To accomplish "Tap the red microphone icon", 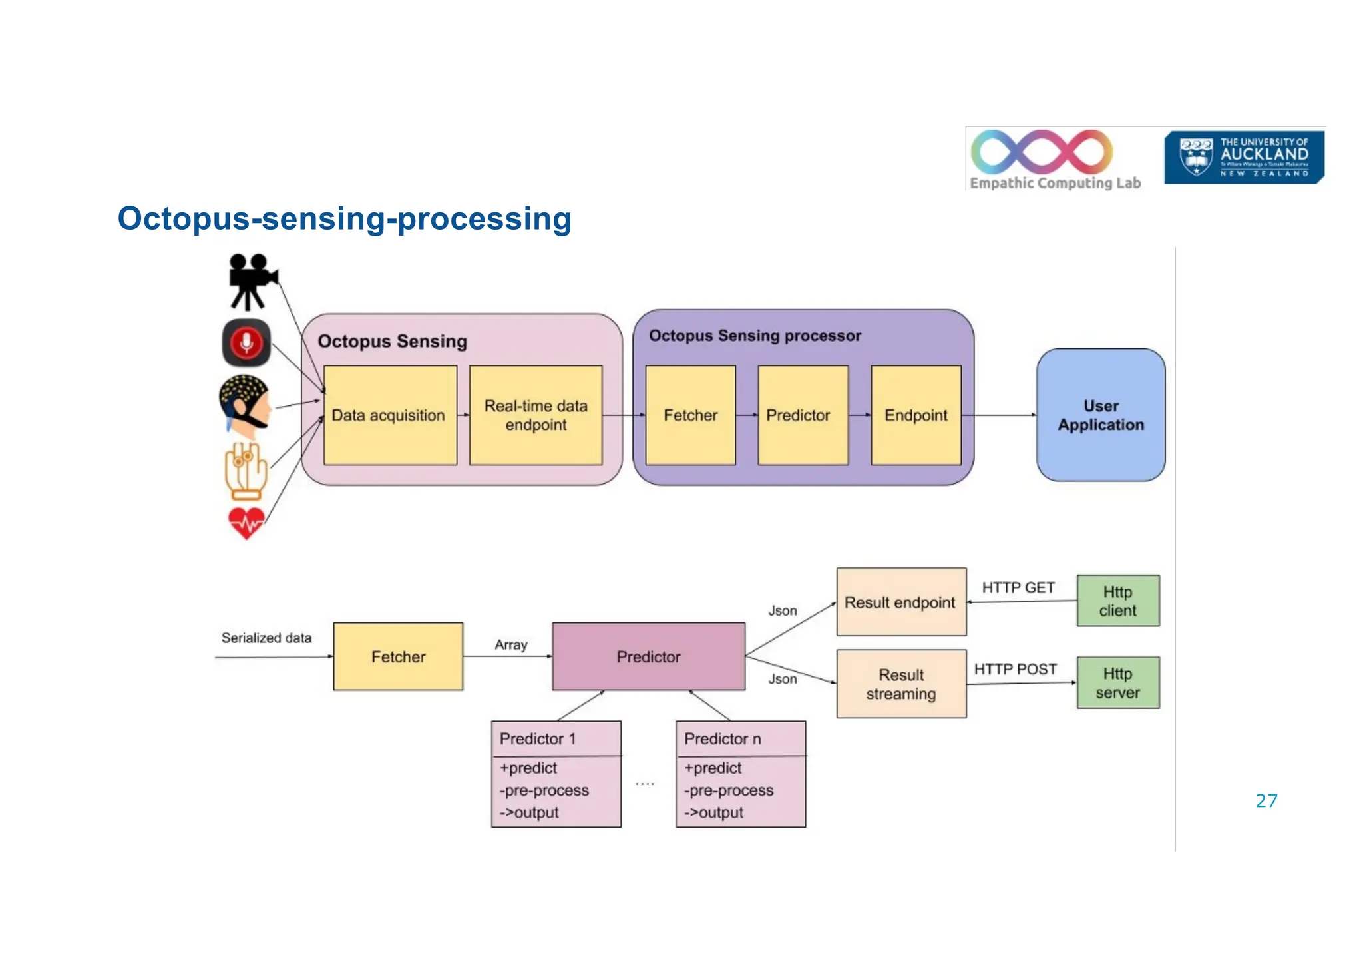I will (246, 343).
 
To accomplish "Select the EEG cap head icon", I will (244, 403).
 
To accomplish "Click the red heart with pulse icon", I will (246, 523).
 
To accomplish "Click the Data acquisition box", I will (389, 415).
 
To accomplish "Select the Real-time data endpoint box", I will (536, 415).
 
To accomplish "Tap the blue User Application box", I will (1101, 415).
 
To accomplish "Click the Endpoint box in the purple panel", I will (916, 415).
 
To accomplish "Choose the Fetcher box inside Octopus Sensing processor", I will (690, 415).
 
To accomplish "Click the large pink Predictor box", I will (648, 657).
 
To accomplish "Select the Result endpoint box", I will (900, 602).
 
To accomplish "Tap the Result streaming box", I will (900, 684).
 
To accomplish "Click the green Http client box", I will (1117, 601).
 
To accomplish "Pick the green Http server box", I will (1117, 683).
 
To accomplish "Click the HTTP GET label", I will (1018, 587).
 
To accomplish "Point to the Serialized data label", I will (266, 638).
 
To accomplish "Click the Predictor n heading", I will (723, 739).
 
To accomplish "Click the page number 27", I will (1266, 801).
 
